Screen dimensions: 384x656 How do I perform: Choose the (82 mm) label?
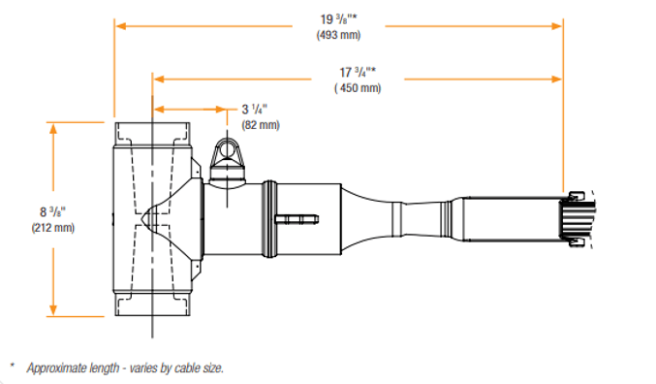tap(260, 125)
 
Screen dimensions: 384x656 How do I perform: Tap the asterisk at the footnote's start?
tap(13, 366)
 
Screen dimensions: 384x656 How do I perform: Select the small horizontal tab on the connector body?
tap(297, 220)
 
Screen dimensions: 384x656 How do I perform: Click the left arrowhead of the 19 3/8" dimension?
tap(119, 27)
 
